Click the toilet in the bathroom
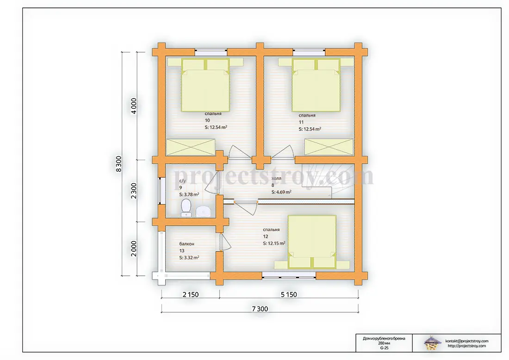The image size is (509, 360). pos(186,208)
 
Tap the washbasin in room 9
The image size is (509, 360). pos(204,211)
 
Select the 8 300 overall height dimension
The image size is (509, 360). pos(119,164)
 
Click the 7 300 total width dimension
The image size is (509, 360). pos(260,309)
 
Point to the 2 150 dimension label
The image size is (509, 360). pos(191,294)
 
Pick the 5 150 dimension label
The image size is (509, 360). pos(289,294)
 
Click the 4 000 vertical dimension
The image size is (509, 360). pos(134,106)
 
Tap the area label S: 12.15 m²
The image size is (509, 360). pos(274,243)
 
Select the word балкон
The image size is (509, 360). pos(186,244)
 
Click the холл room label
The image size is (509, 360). pos(276,178)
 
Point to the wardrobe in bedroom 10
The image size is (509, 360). pos(191,147)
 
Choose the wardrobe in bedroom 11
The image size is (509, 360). pos(329,147)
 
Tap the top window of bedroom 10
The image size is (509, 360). pos(211,51)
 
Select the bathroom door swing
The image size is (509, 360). pos(211,183)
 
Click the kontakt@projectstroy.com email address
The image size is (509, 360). pos(467,341)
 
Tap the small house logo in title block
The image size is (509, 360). pos(432,343)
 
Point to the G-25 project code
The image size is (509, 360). pos(384,348)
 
